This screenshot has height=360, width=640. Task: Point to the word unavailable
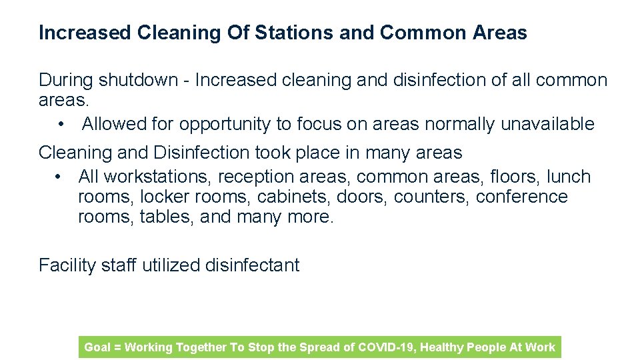point(547,124)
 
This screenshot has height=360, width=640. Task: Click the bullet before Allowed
point(61,124)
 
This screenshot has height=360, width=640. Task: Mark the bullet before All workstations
point(60,177)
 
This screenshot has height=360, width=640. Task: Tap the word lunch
point(568,177)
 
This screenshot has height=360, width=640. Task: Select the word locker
point(162,197)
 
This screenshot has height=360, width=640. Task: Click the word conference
point(521,197)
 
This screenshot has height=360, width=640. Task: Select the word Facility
point(67,265)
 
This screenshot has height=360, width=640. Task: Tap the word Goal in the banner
point(97,347)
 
